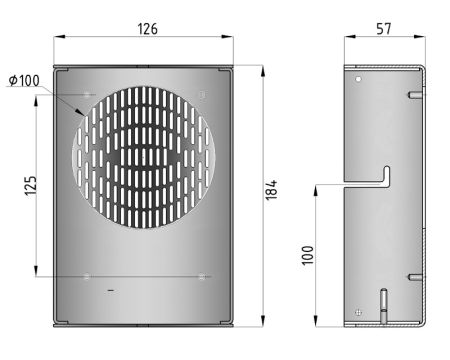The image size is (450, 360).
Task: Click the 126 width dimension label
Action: pyautogui.click(x=147, y=29)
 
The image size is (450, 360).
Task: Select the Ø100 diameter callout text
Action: pyautogui.click(x=25, y=80)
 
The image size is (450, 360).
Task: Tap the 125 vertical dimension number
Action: pyautogui.click(x=31, y=184)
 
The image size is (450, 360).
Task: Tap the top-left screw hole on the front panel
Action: pyautogui.click(x=89, y=94)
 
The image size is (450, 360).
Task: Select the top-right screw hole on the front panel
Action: pyautogui.click(x=203, y=94)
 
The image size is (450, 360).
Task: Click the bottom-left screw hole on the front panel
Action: pyautogui.click(x=89, y=275)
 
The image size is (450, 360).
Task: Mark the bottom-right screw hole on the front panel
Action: pyautogui.click(x=203, y=275)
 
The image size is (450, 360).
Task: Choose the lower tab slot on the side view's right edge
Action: pyautogui.click(x=414, y=276)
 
